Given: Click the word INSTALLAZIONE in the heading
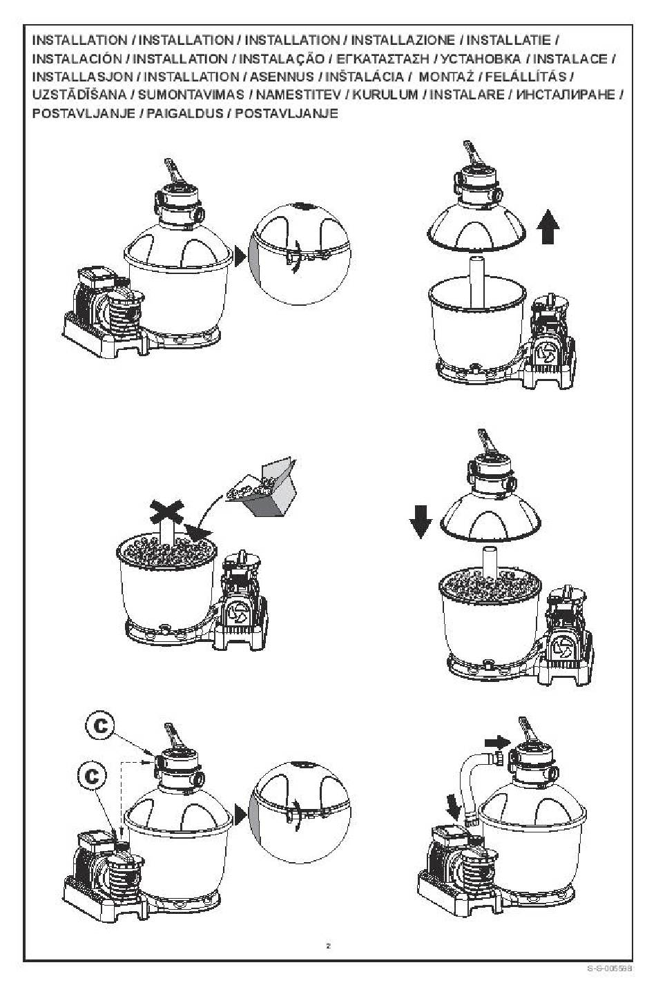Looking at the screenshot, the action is pos(403,41).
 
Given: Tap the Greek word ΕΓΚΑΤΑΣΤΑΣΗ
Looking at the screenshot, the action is pos(383,59).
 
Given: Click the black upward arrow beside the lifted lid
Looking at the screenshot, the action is pos(548,226).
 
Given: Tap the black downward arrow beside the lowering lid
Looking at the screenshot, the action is pos(420,521).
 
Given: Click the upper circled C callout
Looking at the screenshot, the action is pos(100,725).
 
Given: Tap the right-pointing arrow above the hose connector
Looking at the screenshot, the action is pos(497,743).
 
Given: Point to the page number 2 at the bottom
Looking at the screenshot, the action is pos(328,946).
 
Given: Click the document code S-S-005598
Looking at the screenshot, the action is pos(609,968).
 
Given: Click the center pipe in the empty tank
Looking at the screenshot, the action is pos(477,282).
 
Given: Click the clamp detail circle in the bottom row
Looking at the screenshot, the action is pos(299,812).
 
